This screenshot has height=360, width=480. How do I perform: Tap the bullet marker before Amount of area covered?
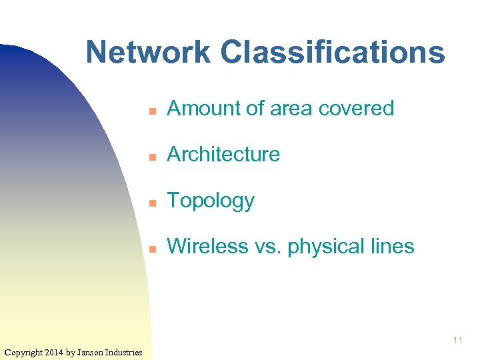tap(152, 110)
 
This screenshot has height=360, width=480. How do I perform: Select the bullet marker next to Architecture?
tap(152, 156)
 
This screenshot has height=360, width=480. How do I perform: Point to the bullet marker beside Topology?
tap(152, 202)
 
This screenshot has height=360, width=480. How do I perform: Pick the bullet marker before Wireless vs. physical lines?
tap(152, 248)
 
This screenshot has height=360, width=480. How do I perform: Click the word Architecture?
tap(223, 154)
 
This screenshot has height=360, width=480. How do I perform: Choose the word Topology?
tap(210, 201)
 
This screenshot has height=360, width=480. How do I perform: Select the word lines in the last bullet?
tap(391, 246)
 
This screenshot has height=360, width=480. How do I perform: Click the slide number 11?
tap(457, 341)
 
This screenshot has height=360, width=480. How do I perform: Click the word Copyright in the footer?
tap(23, 352)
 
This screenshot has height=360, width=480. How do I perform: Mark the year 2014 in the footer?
tap(55, 352)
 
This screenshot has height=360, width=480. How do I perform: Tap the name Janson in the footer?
tap(93, 352)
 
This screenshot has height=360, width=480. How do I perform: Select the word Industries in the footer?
tap(126, 352)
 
